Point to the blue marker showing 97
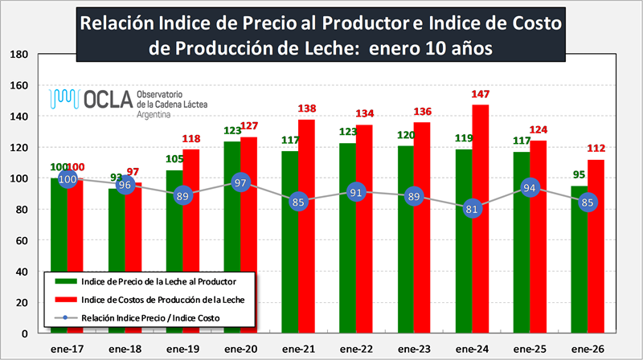click(x=240, y=183)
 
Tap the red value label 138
click(x=308, y=109)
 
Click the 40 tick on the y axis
click(x=22, y=271)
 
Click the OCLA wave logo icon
click(x=64, y=98)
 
